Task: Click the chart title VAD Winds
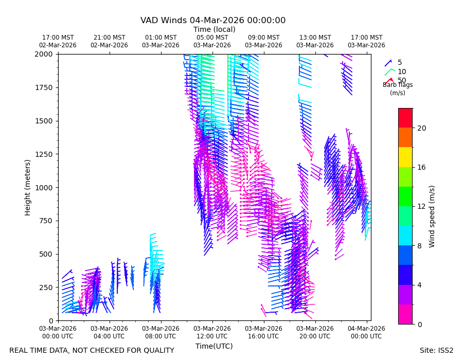(x=163, y=21)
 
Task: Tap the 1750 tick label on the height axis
(x=44, y=87)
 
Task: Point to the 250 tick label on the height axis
(x=46, y=287)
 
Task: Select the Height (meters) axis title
(x=27, y=188)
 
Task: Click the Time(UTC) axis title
(x=214, y=346)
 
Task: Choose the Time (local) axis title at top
(x=215, y=29)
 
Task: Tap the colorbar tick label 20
(x=422, y=128)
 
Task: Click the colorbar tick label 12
(x=422, y=207)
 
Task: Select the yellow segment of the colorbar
(x=405, y=157)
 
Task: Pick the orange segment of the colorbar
(x=405, y=137)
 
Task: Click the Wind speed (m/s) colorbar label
(x=432, y=217)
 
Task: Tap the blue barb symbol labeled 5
(x=388, y=63)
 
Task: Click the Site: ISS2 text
(x=436, y=350)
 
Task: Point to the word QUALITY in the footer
(x=159, y=350)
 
